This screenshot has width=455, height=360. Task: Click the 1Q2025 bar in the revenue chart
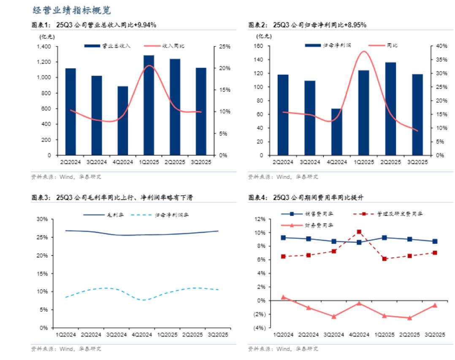click(x=149, y=105)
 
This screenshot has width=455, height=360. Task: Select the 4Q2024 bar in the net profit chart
click(x=336, y=132)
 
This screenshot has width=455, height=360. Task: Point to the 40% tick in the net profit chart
click(x=440, y=46)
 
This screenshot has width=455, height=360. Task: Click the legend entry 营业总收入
click(x=108, y=46)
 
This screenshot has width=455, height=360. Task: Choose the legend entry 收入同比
click(x=165, y=46)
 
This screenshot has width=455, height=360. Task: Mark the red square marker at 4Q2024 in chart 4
click(x=359, y=232)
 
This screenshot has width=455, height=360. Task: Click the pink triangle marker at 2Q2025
click(x=409, y=318)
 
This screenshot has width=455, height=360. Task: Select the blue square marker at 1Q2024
click(x=283, y=238)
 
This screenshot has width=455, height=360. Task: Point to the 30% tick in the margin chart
click(x=42, y=219)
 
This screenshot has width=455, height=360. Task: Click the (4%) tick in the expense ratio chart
click(x=259, y=328)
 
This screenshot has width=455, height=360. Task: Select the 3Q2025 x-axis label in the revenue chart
click(x=200, y=161)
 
